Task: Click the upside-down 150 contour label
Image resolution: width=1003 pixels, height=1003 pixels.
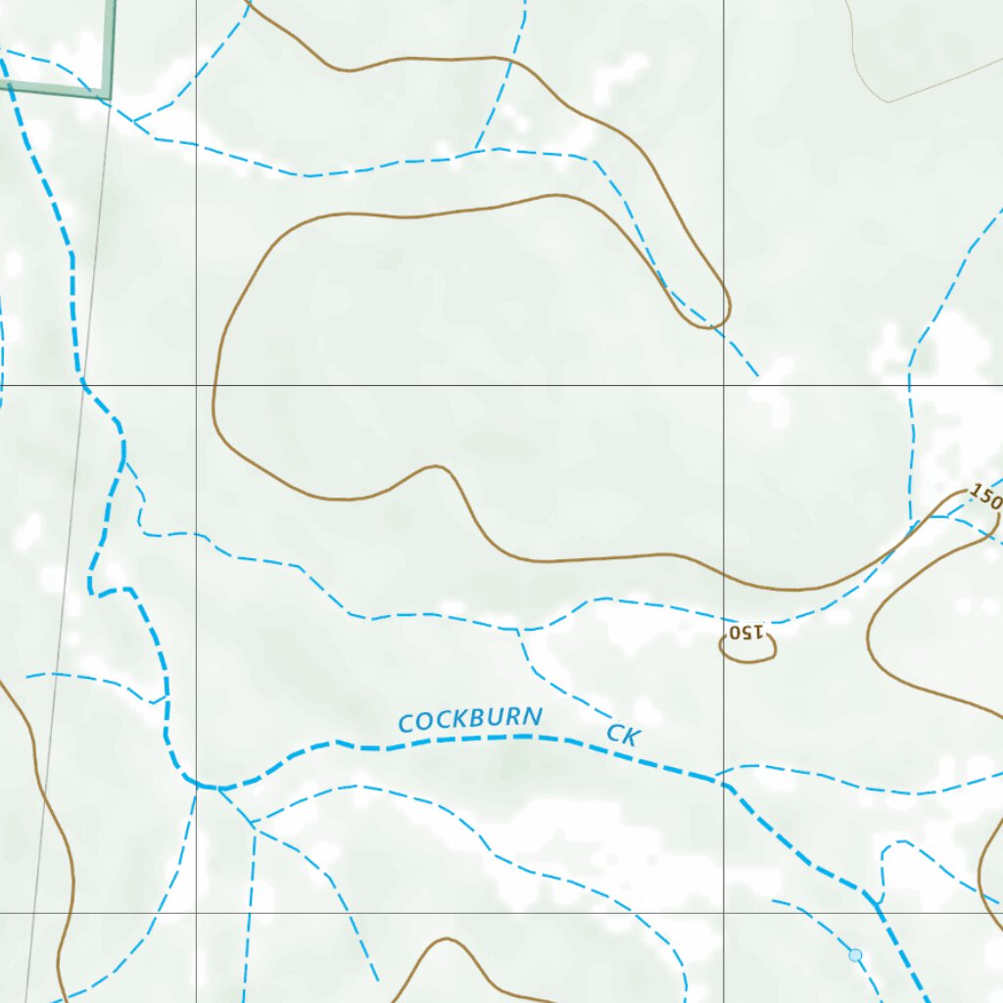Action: click(746, 633)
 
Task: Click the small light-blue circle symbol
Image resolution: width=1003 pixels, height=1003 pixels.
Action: click(855, 955)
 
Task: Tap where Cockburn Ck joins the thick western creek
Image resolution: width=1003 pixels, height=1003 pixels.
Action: click(201, 786)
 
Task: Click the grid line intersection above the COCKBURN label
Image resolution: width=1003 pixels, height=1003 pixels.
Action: click(196, 385)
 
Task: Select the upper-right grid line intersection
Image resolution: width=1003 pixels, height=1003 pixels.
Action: click(724, 385)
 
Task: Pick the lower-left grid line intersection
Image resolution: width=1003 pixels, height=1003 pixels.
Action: click(196, 913)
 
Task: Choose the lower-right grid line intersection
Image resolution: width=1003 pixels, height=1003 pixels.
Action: click(724, 913)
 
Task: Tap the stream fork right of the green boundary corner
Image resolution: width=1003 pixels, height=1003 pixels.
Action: click(134, 120)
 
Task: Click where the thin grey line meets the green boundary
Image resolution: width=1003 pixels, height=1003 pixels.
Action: click(110, 96)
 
